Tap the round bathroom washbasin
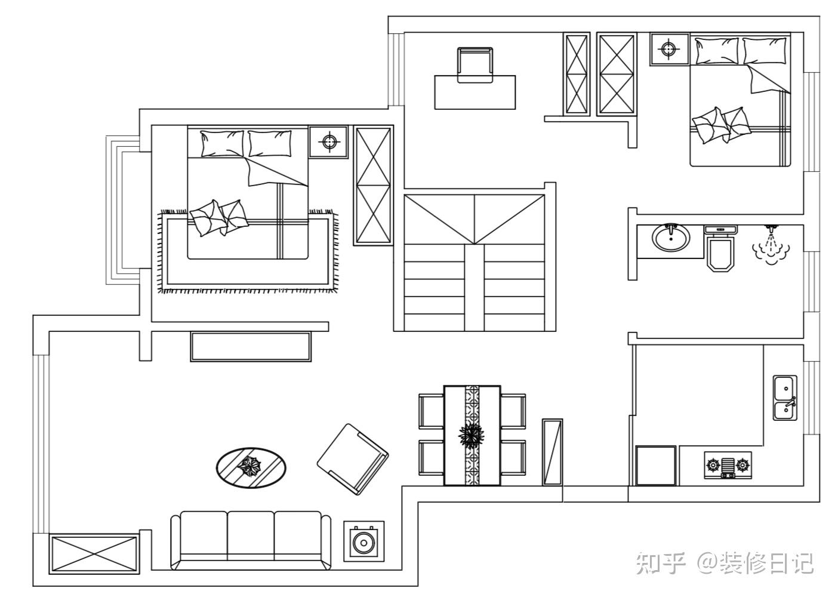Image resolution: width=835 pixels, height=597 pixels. pos(671,238)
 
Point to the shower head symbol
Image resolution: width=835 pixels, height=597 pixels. pos(771,245)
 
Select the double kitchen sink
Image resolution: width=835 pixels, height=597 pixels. pos(785,398)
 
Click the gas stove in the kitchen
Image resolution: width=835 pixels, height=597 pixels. pos(728,466)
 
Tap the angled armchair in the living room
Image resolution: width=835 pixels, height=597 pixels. pos(352,459)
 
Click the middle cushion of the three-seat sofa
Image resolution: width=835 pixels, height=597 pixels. pos(251,536)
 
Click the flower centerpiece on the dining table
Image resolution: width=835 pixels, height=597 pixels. pos(472,435)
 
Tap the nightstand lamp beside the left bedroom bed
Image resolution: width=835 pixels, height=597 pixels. pos(328,141)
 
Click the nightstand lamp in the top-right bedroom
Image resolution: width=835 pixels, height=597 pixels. pos(669,48)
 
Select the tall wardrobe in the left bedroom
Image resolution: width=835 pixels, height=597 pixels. pos(373,185)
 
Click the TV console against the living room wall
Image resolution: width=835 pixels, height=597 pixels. pos(251,346)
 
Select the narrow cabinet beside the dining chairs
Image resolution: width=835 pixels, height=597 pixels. pos(552,452)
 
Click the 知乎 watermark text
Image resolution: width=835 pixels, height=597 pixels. pos(660,563)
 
